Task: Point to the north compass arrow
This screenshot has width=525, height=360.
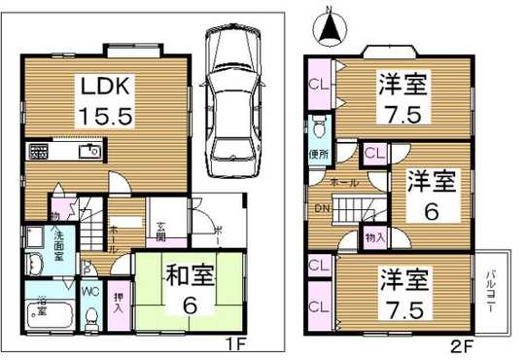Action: coord(332,24)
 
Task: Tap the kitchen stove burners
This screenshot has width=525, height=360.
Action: coord(40,151)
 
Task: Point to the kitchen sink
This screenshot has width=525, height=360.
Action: coord(88,151)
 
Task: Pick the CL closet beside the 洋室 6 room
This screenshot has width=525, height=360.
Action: coord(373,152)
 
